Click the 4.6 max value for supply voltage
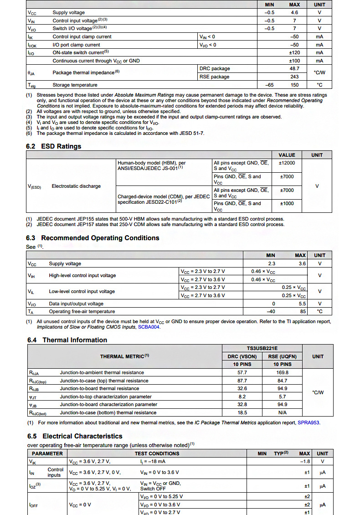click(294, 13)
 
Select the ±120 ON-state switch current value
click(294, 53)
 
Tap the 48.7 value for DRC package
click(294, 69)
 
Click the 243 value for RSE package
click(294, 77)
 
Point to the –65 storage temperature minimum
click(270, 85)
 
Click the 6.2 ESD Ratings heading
click(54, 146)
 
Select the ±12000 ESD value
click(287, 163)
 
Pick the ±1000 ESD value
click(287, 204)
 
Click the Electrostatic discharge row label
click(76, 186)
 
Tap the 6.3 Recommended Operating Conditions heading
click(93, 238)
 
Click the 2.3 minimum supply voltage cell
click(271, 264)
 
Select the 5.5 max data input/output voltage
click(302, 304)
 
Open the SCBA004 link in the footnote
click(149, 327)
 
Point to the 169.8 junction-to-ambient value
click(283, 373)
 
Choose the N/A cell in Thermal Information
click(283, 413)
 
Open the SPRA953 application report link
click(309, 423)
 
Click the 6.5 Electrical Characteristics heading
click(74, 436)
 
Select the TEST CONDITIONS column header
click(157, 453)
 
